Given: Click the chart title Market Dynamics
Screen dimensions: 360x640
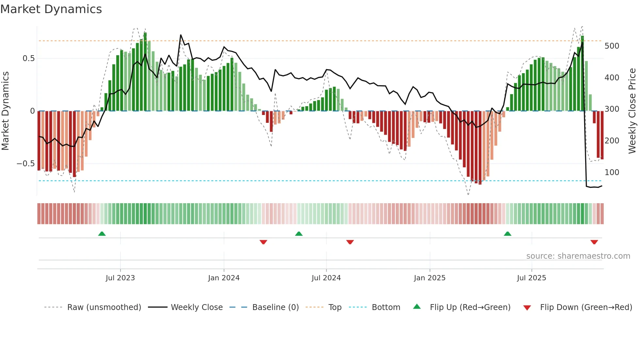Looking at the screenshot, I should click(51, 9).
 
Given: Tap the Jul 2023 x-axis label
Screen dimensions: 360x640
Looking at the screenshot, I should click(120, 278).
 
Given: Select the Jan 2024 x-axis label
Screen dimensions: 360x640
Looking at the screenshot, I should click(224, 278).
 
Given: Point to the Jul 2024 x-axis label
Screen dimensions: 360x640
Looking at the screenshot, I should click(326, 278).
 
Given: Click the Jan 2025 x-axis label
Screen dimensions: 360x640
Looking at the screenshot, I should click(429, 278).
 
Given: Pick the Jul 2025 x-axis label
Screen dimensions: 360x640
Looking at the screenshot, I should click(531, 278).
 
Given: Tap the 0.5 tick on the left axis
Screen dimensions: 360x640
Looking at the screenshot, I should click(28, 58).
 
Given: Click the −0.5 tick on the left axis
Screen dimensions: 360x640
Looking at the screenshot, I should click(25, 164).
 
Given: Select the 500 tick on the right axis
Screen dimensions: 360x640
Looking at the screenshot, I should click(612, 46).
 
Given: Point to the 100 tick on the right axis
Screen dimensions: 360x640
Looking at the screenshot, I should click(612, 172).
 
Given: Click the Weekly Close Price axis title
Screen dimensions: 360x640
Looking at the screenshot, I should click(632, 111).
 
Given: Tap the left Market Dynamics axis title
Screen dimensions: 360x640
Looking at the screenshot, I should click(5, 111).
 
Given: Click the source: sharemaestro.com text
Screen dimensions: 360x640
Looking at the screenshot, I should click(578, 256).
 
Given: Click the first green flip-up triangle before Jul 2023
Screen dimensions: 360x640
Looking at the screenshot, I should click(102, 234).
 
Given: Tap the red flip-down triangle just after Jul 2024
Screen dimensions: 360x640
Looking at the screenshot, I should click(350, 242).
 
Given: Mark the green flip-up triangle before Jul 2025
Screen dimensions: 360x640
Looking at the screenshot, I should click(507, 234).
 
